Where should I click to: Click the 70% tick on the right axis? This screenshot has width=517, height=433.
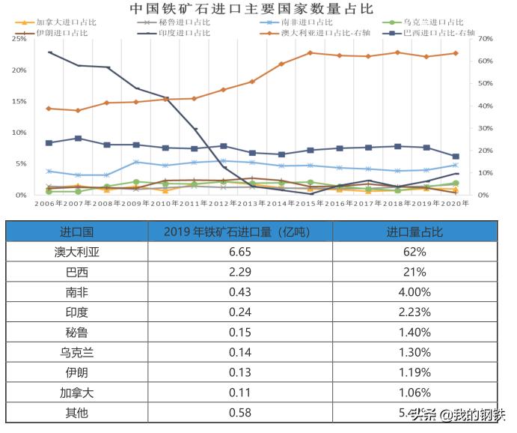(484, 38)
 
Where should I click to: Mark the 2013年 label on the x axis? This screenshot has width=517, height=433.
(252, 202)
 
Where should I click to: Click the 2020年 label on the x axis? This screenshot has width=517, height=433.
(455, 202)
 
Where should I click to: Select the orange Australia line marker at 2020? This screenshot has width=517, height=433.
(455, 53)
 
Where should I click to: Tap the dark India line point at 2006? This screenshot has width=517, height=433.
(49, 52)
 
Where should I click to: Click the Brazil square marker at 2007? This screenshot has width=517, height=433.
(78, 139)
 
